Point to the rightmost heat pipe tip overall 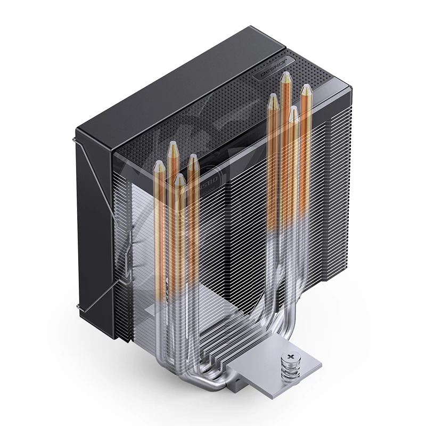coord(306,89)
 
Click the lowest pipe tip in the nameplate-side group coord(293,112)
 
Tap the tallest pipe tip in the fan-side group coord(173,147)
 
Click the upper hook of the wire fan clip coord(75,140)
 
